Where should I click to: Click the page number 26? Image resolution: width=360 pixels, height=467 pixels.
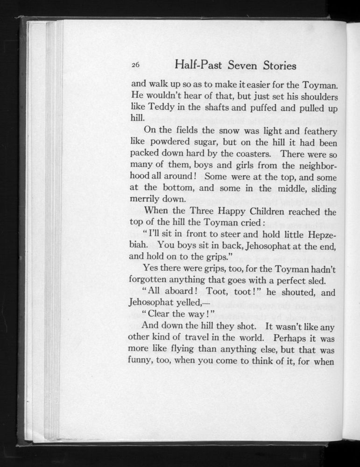click(x=135, y=66)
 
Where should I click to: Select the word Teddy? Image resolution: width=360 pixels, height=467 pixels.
click(x=161, y=108)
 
